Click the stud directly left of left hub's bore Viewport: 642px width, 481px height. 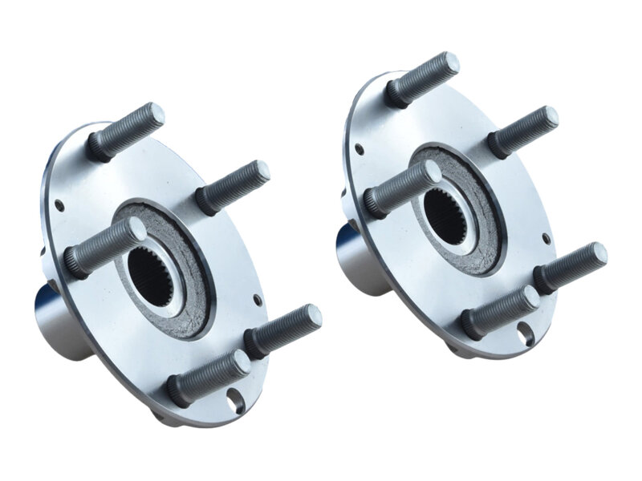[104, 248]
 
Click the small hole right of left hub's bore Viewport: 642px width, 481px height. [256, 301]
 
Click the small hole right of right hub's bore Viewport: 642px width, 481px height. [547, 238]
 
